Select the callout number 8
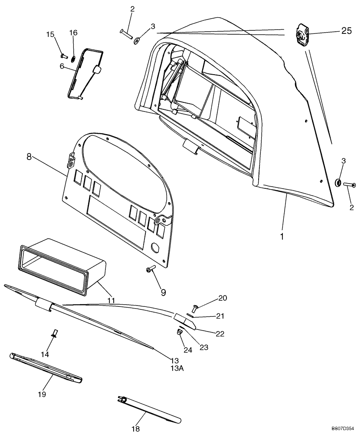click(x=29, y=157)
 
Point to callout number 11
click(x=111, y=300)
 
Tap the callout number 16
click(x=73, y=33)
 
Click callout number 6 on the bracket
click(x=62, y=66)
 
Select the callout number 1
click(x=282, y=237)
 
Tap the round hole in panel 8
click(x=155, y=248)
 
